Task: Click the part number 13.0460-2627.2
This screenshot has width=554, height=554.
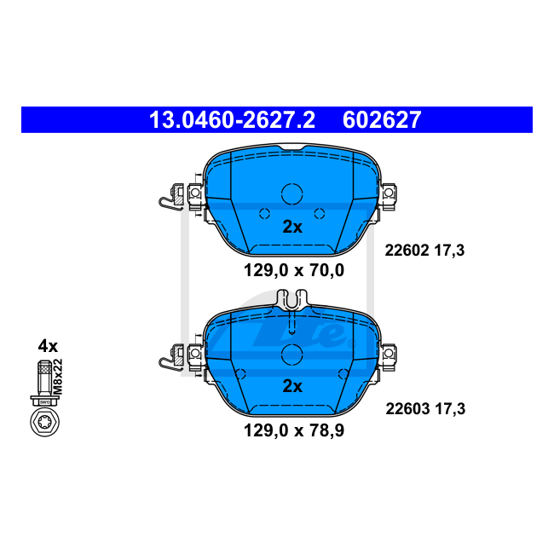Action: (232, 120)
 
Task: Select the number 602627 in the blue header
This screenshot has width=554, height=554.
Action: (382, 120)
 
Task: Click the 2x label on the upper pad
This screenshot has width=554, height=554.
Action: (292, 227)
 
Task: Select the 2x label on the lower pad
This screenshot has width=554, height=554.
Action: (292, 386)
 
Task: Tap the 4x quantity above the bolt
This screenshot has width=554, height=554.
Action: (47, 346)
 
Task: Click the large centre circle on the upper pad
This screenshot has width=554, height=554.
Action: (292, 194)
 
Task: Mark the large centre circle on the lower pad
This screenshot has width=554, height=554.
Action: (292, 354)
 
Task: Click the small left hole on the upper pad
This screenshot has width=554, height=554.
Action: (264, 213)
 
